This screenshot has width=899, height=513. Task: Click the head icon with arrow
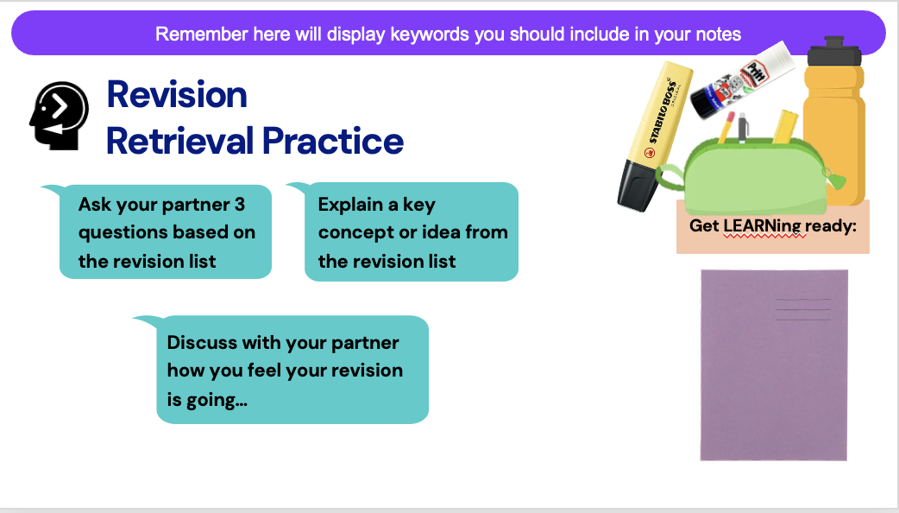(x=59, y=116)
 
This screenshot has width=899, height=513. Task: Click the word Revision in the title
(x=177, y=95)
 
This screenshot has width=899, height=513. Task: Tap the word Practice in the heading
(x=332, y=141)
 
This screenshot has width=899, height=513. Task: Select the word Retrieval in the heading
(x=179, y=141)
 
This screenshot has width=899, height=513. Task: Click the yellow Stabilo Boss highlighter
(x=654, y=136)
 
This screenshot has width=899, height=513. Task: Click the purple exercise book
(x=774, y=365)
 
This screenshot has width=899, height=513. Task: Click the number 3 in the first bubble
(x=240, y=205)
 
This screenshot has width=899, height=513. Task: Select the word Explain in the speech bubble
(x=351, y=205)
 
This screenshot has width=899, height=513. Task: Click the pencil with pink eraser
(x=726, y=128)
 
